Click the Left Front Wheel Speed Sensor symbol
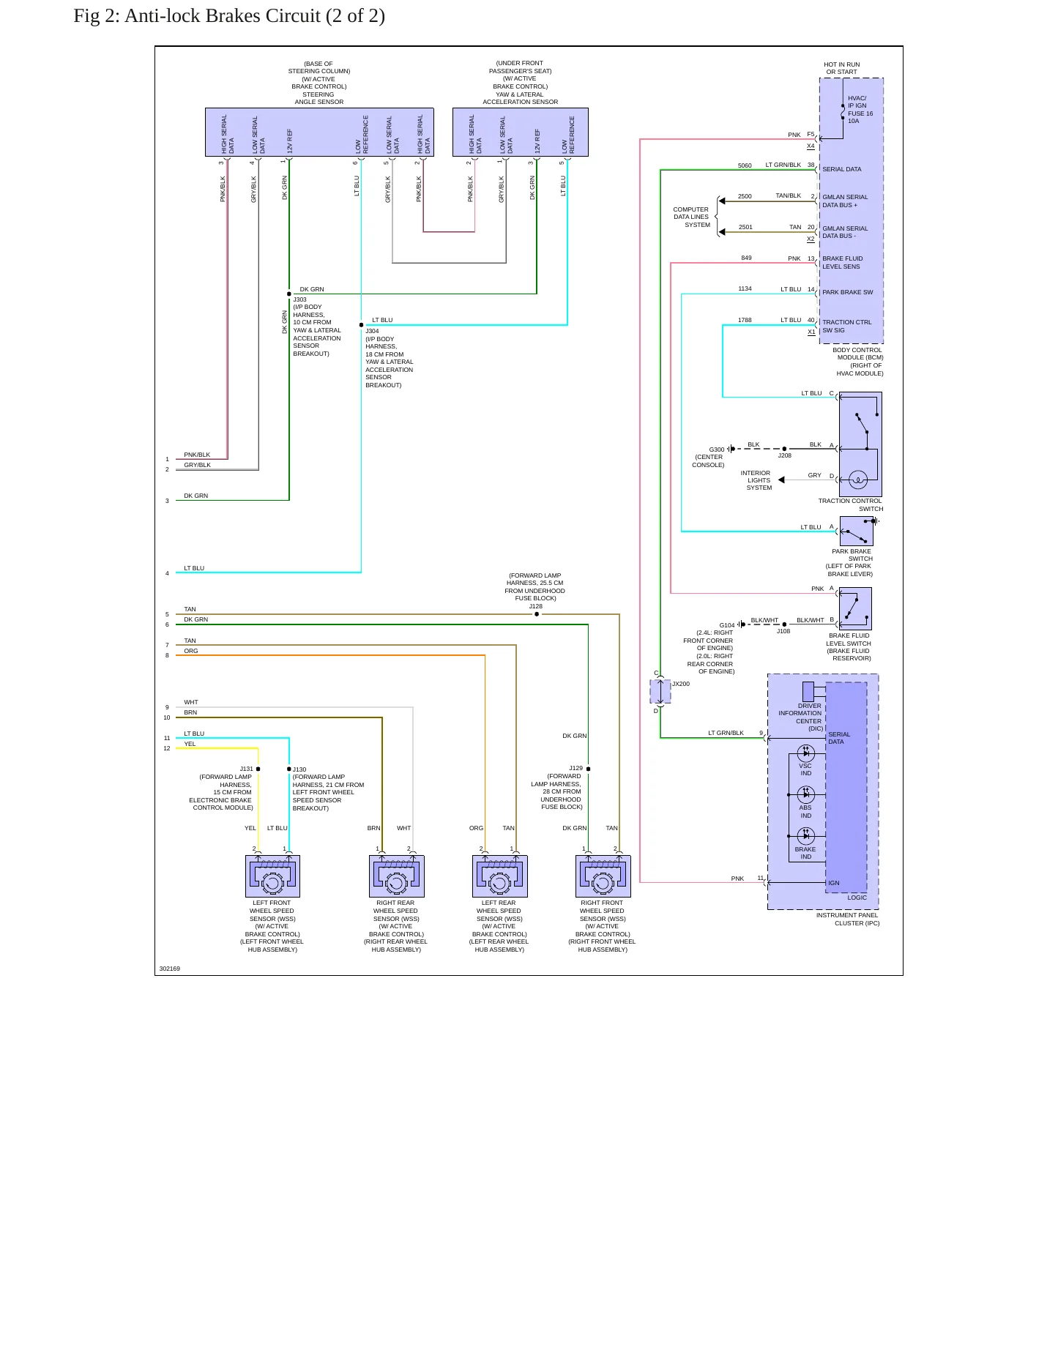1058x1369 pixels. (272, 876)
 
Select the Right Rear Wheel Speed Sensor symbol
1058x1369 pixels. (397, 876)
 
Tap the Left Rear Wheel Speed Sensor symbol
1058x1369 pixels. (500, 876)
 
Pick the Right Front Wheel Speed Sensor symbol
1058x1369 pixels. (603, 876)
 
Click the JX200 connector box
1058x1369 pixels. (660, 691)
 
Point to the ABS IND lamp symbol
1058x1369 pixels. (806, 794)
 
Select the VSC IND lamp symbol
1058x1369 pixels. (806, 753)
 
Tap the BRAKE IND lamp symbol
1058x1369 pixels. (806, 836)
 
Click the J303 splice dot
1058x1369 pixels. (289, 294)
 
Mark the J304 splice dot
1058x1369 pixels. (361, 325)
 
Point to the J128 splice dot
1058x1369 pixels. (537, 614)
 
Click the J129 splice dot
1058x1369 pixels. (588, 769)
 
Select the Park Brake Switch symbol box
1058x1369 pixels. (856, 531)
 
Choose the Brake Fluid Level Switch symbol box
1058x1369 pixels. (855, 609)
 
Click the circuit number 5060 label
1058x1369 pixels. (745, 165)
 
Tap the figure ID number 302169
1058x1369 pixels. (170, 969)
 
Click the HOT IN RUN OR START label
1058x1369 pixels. (842, 68)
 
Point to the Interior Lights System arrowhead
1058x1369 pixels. (781, 480)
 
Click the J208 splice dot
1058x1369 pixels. (784, 449)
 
